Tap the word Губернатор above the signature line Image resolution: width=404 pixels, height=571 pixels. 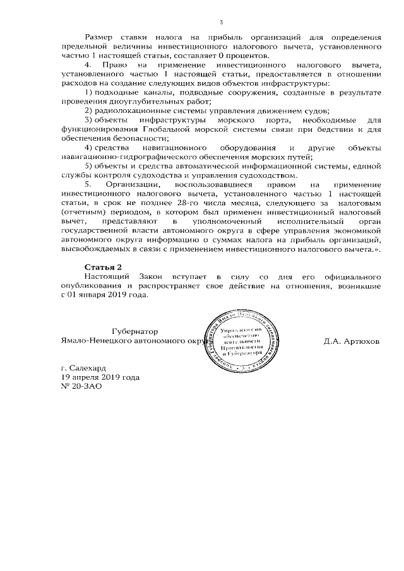click(134, 331)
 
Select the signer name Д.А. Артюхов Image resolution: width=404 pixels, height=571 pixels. click(351, 341)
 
